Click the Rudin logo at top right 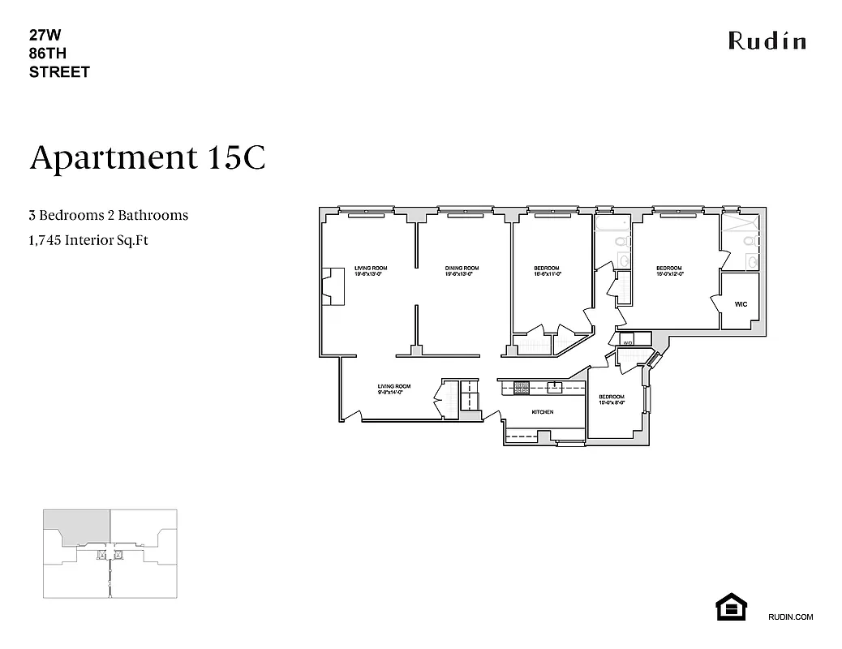pos(767,41)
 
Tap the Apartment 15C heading pos(148,157)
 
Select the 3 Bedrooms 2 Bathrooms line pos(109,215)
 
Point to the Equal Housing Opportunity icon pos(730,606)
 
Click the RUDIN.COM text pos(789,617)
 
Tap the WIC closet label pos(740,305)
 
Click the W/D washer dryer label pos(628,343)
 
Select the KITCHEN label pos(543,412)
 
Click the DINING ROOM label pos(462,269)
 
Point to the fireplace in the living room pos(332,286)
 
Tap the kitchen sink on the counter pos(556,387)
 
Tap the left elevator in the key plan pos(101,556)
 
